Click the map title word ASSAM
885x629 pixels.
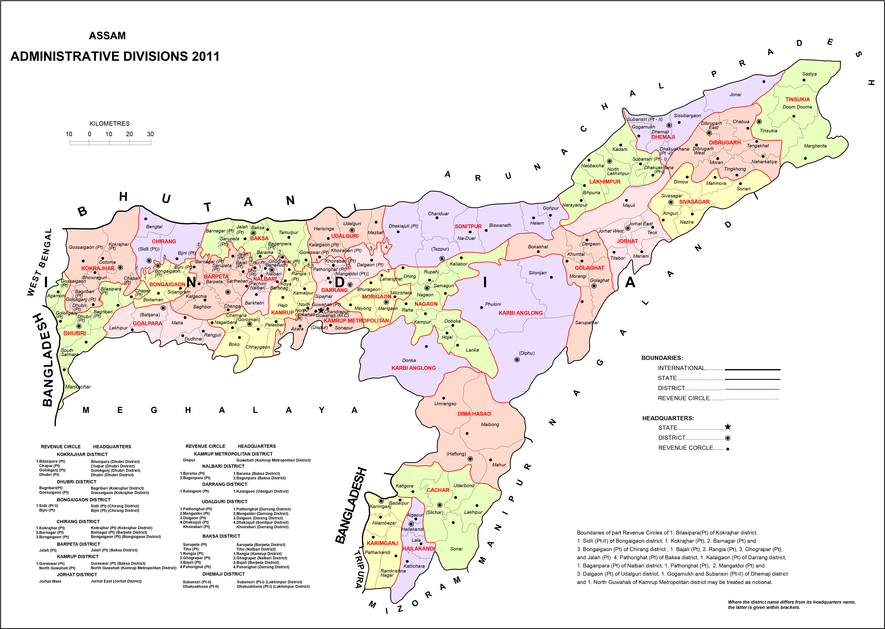click(107, 36)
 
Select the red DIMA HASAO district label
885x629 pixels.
click(474, 414)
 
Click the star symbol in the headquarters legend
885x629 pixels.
click(728, 427)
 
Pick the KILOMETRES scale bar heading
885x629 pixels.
click(110, 123)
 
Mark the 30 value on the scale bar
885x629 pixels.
click(150, 134)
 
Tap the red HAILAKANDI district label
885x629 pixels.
click(418, 548)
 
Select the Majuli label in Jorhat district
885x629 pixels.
click(629, 205)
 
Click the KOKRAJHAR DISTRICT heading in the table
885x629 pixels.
click(82, 454)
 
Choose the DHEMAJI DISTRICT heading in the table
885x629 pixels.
click(223, 574)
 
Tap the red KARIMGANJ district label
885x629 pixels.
click(382, 543)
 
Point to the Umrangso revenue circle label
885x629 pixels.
click(445, 404)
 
